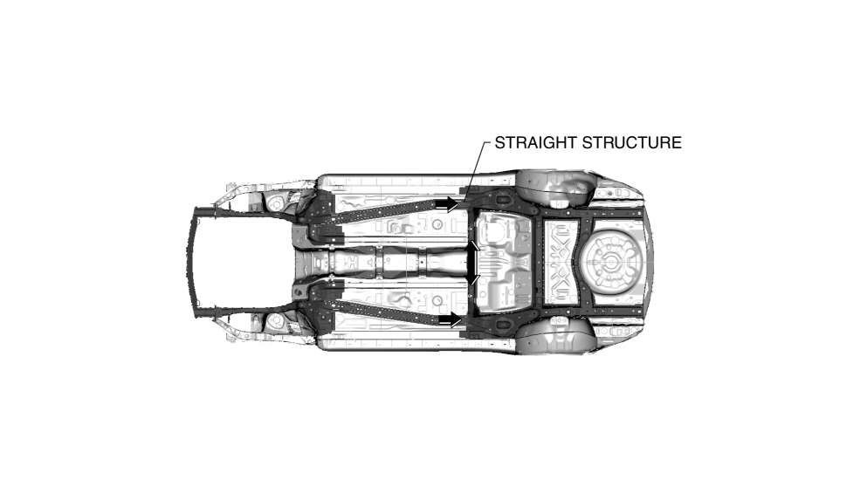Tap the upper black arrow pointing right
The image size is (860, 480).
coord(447,203)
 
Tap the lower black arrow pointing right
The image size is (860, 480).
coord(449,320)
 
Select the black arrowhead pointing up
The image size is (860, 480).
coord(472,246)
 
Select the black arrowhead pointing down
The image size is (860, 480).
coord(472,277)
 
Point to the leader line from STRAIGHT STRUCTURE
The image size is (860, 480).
coord(474,166)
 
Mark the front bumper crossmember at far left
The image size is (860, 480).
coord(196,262)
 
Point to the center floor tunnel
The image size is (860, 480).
coord(402,260)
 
